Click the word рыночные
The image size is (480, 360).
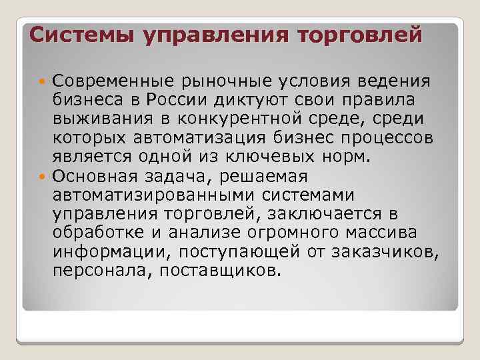pyautogui.click(x=211, y=82)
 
